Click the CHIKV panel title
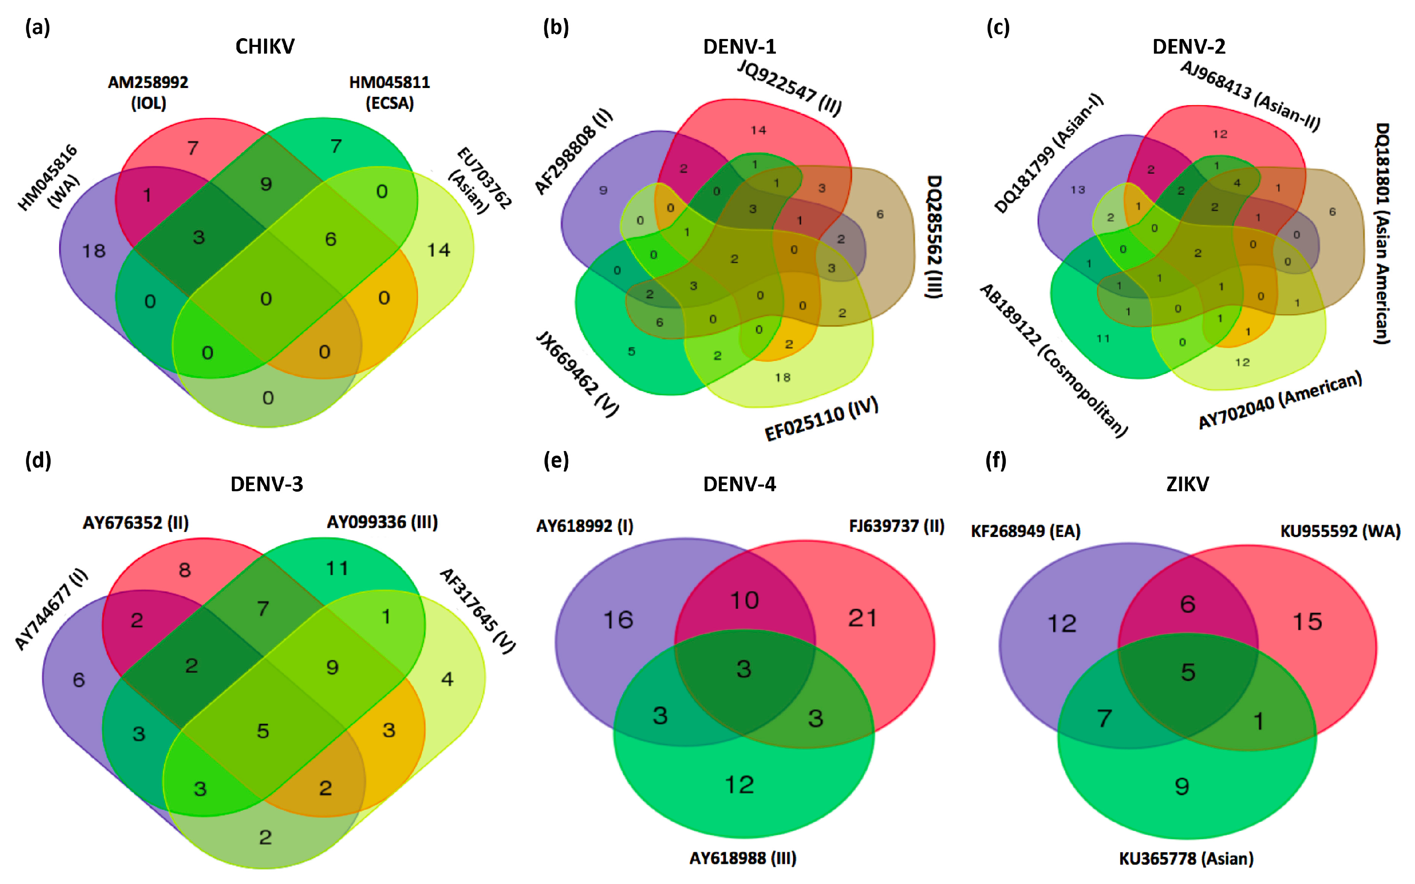(265, 46)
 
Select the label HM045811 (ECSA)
(389, 92)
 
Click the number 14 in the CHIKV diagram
(438, 250)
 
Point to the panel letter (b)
(555, 28)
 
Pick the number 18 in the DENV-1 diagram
(783, 378)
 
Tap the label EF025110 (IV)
(821, 419)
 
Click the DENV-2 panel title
(1188, 46)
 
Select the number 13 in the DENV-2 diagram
(1078, 189)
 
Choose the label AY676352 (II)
(136, 522)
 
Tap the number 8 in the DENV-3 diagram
(185, 570)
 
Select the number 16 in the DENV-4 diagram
(618, 620)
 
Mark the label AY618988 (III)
(742, 858)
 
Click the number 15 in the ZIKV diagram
(1307, 622)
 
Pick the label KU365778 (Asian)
(1186, 858)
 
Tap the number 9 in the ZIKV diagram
(1182, 786)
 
